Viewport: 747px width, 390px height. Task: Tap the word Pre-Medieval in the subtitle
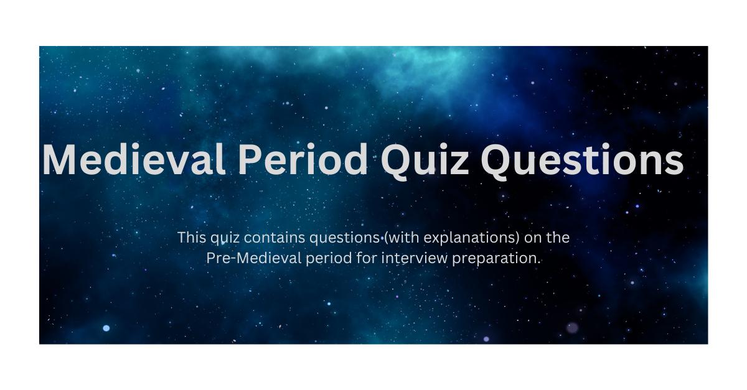pos(254,258)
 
